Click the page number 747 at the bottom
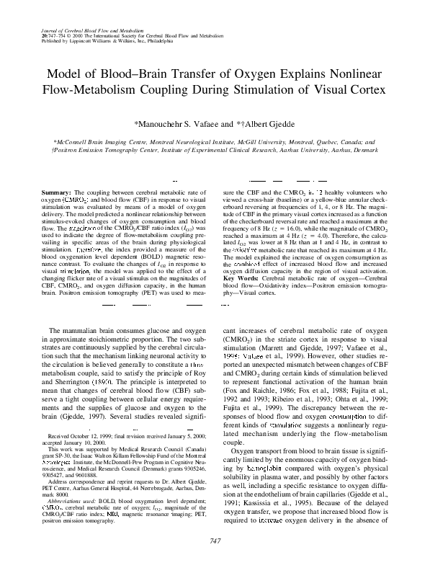pos(215,541)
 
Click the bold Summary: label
pos(55,193)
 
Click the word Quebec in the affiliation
pos(335,143)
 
